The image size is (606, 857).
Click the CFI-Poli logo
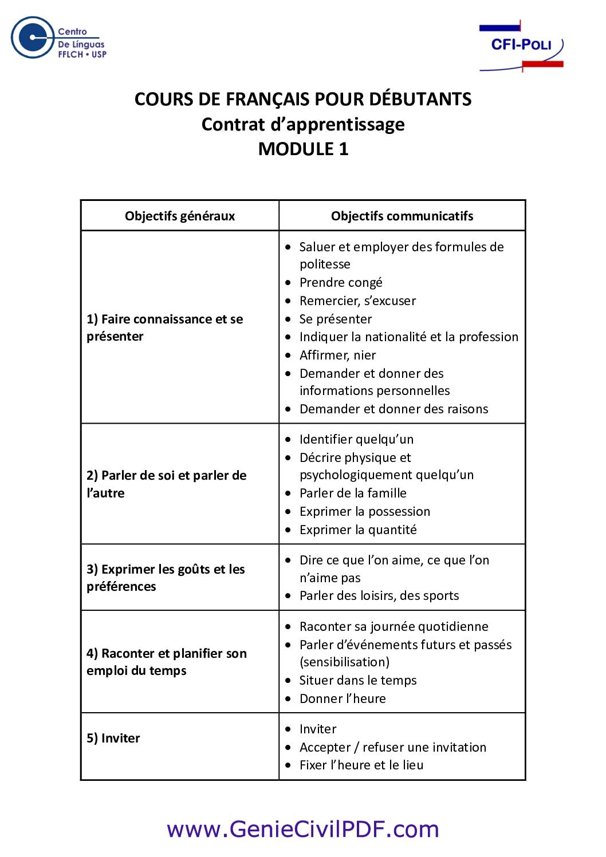(521, 46)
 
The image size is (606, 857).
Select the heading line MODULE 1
(303, 149)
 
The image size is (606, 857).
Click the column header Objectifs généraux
(180, 216)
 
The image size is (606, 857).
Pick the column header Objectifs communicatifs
(402, 216)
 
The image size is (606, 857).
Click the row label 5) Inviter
(113, 738)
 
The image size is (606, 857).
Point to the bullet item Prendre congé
(341, 282)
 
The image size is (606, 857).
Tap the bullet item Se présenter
(336, 319)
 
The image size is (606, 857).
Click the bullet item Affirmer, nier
(338, 355)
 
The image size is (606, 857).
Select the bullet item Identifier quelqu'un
(356, 439)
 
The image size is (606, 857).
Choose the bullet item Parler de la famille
(353, 493)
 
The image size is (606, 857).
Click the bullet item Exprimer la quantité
(358, 530)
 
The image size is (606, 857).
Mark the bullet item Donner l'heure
(343, 698)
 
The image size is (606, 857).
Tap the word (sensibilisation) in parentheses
(344, 662)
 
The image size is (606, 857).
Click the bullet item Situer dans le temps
(358, 680)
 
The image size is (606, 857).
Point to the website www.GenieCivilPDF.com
(303, 828)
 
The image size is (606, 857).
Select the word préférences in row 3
(121, 586)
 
